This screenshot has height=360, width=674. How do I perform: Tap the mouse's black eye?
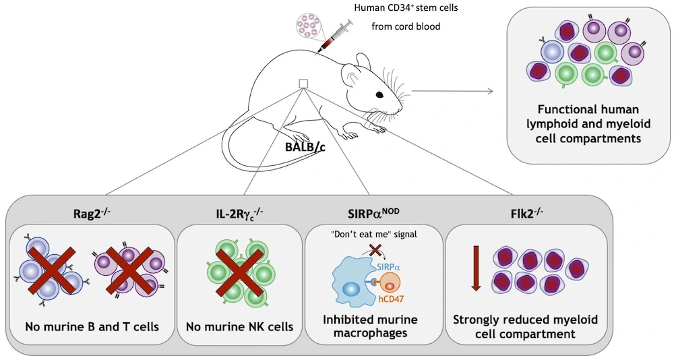point(381,94)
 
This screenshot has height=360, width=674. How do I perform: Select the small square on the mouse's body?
point(303,83)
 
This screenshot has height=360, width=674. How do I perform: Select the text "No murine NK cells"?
point(235,327)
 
